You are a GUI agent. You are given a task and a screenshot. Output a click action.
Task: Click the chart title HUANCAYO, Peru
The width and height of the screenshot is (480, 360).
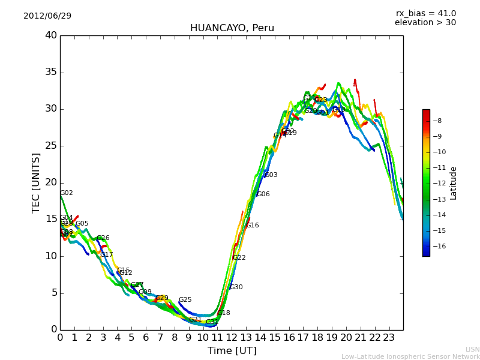point(232,28)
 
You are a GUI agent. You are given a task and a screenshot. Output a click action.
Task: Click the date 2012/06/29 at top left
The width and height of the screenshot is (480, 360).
point(47,16)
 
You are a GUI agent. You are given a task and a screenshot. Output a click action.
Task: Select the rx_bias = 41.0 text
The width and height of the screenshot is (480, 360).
point(425,13)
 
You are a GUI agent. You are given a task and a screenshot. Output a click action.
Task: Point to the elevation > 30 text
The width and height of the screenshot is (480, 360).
point(425,23)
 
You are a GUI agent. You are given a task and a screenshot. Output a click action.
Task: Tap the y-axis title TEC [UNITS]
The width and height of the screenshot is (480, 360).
point(36,182)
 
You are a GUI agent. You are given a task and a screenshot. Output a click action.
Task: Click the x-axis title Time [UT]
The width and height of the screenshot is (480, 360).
point(232,351)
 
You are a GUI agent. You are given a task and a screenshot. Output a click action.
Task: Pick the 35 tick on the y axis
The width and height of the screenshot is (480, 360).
point(51,73)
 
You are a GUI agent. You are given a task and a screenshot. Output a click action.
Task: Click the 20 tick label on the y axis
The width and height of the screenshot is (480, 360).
point(51,182)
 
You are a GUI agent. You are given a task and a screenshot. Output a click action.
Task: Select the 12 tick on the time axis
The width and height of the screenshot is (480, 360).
point(232,338)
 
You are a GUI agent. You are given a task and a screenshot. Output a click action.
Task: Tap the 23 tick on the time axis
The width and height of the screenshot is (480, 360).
point(389,338)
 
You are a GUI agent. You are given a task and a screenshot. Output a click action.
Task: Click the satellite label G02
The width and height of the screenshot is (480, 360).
point(67,193)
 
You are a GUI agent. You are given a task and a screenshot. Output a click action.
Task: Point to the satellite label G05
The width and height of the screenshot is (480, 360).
point(82,224)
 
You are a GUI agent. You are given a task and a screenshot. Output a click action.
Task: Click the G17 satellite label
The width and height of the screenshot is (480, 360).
point(107,255)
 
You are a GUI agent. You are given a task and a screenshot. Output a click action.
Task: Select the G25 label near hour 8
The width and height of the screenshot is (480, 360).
point(185,300)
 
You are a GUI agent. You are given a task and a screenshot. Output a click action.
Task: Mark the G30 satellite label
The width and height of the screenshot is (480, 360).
point(236,287)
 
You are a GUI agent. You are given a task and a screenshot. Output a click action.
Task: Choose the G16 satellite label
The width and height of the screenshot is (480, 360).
point(253,226)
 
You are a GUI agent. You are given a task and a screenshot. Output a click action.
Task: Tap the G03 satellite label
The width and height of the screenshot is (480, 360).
point(271,175)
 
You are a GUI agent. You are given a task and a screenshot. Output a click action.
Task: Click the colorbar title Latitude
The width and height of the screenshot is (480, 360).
point(454,183)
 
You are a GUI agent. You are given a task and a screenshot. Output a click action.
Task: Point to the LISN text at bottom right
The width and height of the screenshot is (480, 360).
point(473,349)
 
